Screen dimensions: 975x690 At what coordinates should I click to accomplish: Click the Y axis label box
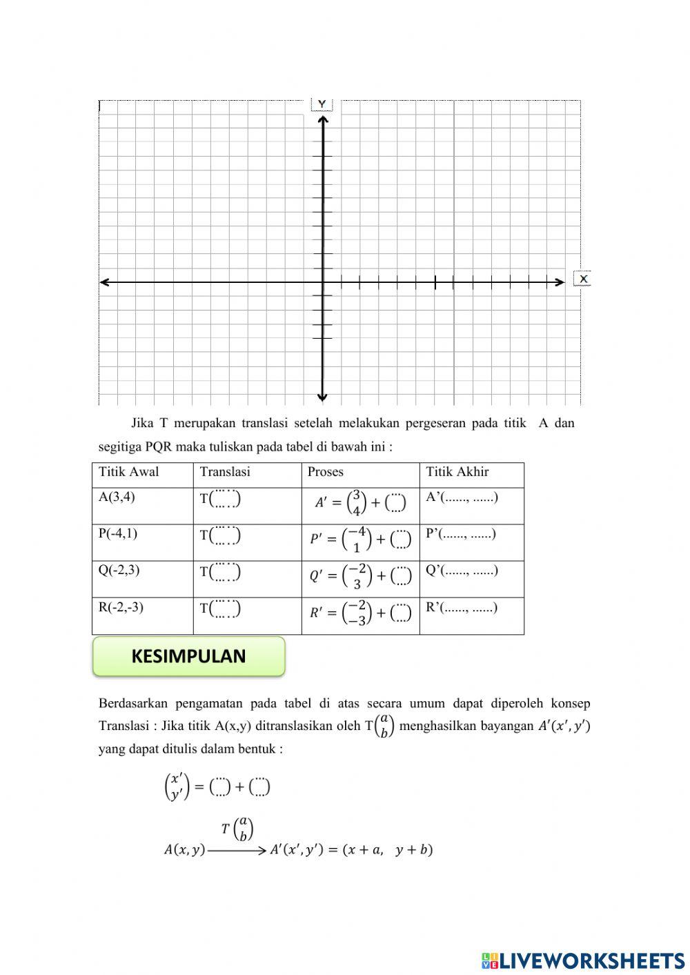[322, 104]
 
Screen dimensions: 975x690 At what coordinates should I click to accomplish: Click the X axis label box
[583, 279]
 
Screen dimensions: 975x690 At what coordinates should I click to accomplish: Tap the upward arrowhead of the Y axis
[322, 120]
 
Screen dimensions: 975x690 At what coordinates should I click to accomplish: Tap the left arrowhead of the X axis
[104, 282]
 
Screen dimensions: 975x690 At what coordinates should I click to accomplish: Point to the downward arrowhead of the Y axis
[322, 397]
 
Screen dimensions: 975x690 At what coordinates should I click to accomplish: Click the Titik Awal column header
[129, 472]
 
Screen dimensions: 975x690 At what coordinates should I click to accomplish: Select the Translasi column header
[225, 472]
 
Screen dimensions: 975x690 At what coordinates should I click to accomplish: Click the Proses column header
[326, 472]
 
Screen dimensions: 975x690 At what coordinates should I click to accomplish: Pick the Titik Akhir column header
[457, 472]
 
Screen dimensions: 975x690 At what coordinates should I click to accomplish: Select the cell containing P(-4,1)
[118, 533]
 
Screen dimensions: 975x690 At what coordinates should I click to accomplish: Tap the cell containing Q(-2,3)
[119, 570]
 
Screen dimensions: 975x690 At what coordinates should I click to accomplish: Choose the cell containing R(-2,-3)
[121, 607]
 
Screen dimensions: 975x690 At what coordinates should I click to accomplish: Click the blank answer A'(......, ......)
[462, 497]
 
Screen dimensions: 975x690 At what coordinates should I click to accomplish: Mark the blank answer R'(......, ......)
[462, 607]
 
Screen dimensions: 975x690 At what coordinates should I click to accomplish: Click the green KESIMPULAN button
[188, 656]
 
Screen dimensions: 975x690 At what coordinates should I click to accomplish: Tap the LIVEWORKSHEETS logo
[583, 960]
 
